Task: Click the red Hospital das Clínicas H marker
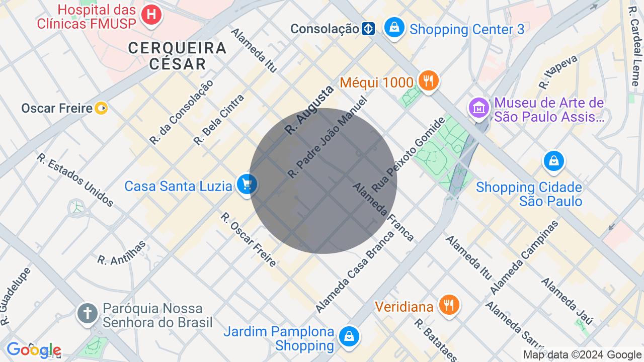[151, 15]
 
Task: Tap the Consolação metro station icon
[368, 29]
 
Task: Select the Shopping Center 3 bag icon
[394, 27]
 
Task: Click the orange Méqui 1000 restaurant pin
[428, 80]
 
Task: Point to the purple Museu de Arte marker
[479, 108]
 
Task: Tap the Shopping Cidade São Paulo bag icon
[553, 161]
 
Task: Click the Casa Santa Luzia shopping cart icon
[247, 185]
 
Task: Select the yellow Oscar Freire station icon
[102, 108]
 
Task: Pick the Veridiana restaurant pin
[449, 305]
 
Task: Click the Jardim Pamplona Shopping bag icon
[349, 336]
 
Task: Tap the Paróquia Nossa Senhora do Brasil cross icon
[87, 313]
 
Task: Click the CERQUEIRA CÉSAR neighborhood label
[177, 56]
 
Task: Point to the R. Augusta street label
[309, 110]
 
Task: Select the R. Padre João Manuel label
[327, 137]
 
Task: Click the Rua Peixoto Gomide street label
[409, 154]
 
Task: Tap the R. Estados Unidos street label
[74, 179]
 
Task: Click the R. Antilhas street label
[122, 253]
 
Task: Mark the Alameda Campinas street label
[525, 258]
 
